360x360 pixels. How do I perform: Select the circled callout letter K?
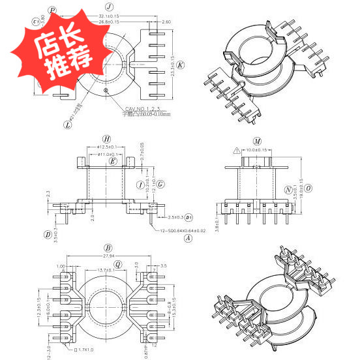point(181,65)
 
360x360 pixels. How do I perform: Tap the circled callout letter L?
point(68,122)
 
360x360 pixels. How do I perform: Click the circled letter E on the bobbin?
point(113,161)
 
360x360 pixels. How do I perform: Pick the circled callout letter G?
point(160,185)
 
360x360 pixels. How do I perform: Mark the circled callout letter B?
point(108,248)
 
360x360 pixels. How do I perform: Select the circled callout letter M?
point(258,141)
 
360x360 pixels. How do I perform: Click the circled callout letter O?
point(308,189)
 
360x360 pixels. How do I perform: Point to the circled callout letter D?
point(48,234)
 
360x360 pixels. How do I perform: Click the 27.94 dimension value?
point(108,257)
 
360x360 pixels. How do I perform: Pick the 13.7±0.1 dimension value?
point(106,270)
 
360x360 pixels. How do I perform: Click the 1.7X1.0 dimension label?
point(85,350)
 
